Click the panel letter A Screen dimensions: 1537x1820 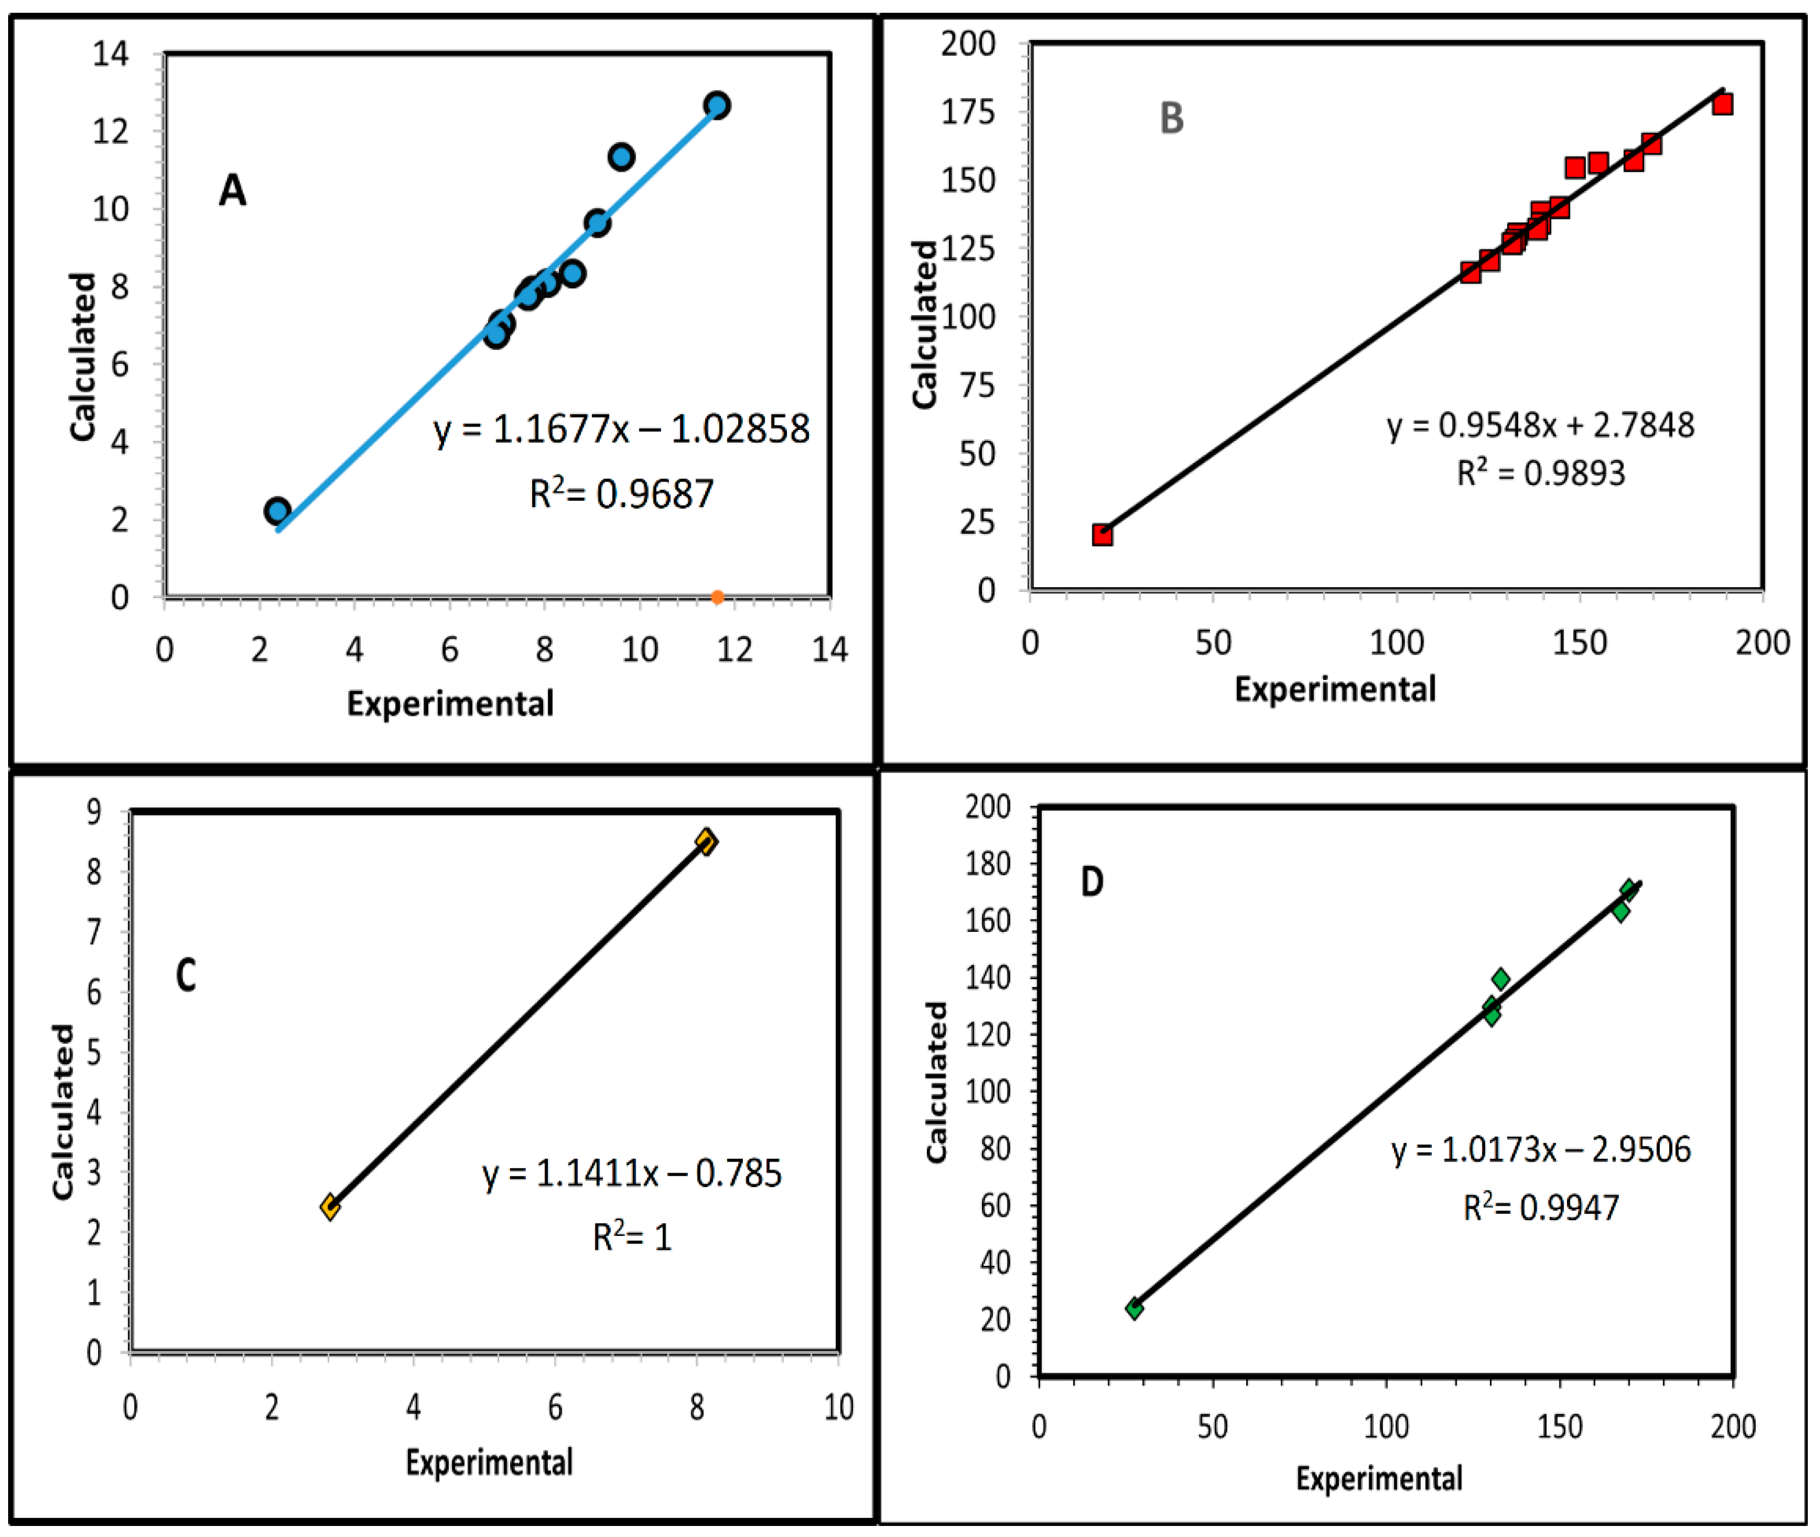(x=232, y=190)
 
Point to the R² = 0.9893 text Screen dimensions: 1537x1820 (x=1541, y=473)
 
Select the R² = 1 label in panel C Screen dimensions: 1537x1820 (x=632, y=1237)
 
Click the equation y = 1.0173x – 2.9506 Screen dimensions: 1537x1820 (x=1540, y=1149)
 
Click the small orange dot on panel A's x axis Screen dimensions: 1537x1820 (x=717, y=597)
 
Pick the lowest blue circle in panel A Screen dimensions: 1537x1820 (x=277, y=511)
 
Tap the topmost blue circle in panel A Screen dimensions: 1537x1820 (x=717, y=106)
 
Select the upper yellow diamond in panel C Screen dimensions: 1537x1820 (x=706, y=842)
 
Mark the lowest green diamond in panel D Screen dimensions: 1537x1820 (x=1134, y=1308)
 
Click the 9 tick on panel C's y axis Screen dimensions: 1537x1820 (x=94, y=811)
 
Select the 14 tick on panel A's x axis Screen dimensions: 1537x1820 (x=829, y=650)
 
